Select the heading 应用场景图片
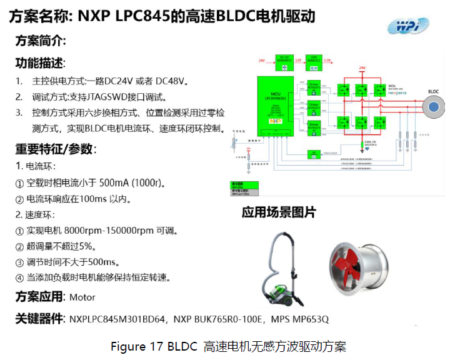(x=279, y=212)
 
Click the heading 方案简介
(x=41, y=42)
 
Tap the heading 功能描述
(x=40, y=64)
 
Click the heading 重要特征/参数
(x=56, y=149)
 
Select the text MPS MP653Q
(x=299, y=319)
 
